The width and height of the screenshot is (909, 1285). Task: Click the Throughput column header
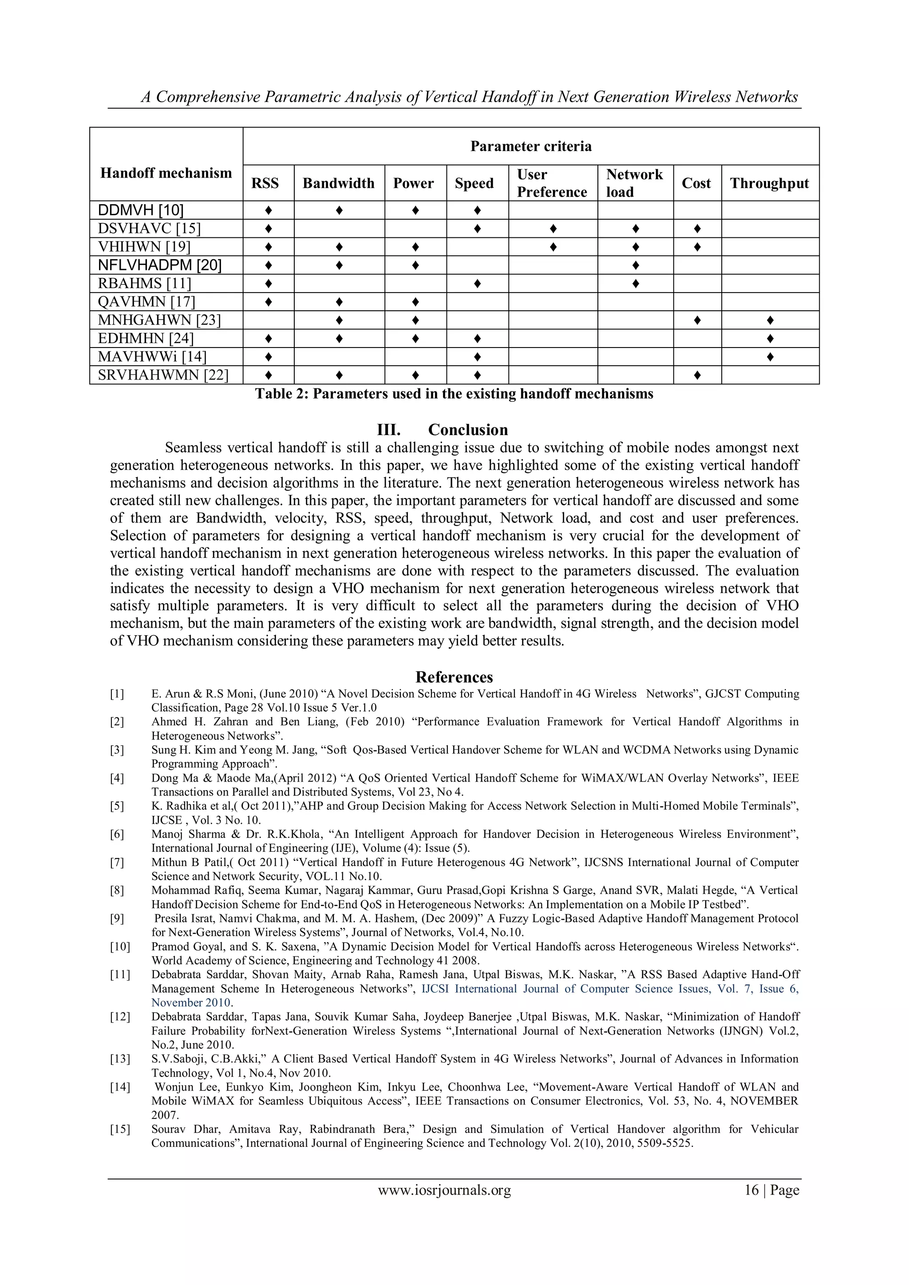click(x=769, y=183)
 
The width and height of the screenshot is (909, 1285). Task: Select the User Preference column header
click(x=551, y=183)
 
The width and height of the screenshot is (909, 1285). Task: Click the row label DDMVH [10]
click(x=141, y=210)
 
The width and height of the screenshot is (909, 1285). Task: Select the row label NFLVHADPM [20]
click(x=159, y=265)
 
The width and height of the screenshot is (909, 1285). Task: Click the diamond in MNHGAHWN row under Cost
click(x=697, y=320)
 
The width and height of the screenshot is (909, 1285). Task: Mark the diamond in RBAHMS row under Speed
click(x=477, y=284)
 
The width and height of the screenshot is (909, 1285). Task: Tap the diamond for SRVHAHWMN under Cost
click(x=697, y=375)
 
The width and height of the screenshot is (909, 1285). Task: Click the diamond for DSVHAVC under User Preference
click(x=553, y=228)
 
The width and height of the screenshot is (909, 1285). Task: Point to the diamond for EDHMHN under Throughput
click(x=770, y=339)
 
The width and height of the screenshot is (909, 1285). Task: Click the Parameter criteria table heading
click(x=531, y=146)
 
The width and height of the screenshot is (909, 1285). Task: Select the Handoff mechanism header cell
click(x=166, y=173)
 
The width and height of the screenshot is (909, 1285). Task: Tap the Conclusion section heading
click(x=467, y=430)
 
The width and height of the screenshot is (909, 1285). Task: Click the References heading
click(x=454, y=677)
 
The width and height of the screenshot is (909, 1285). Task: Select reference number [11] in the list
click(x=119, y=974)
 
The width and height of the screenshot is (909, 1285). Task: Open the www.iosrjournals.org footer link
click(x=444, y=1190)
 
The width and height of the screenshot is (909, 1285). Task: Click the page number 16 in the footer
click(x=751, y=1190)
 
